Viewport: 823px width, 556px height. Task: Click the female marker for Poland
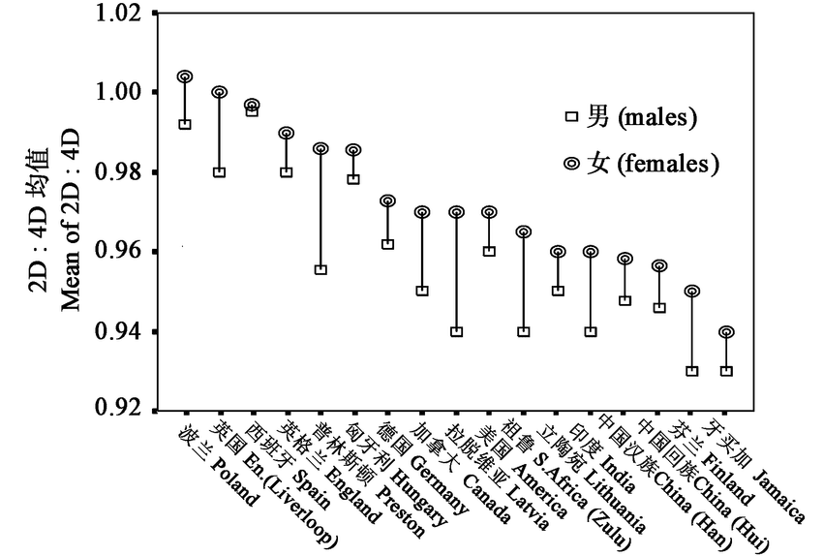point(185,77)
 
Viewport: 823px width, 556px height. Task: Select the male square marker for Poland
point(185,124)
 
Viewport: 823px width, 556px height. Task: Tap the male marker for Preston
point(320,269)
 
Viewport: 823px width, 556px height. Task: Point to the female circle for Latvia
point(456,212)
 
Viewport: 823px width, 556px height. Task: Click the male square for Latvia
point(456,331)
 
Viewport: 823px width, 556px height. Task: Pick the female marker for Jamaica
point(726,332)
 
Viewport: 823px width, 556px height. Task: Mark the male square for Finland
point(692,371)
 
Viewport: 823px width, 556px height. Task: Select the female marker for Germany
point(388,201)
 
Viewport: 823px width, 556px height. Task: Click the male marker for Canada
point(422,291)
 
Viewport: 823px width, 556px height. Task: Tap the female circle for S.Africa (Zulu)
point(524,232)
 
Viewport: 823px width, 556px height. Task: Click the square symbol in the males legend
point(571,117)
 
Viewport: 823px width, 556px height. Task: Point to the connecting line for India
point(591,291)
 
